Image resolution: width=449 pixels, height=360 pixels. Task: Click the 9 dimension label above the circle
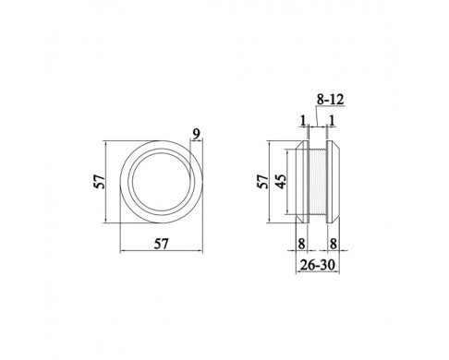(196, 134)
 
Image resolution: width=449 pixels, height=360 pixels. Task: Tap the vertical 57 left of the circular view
(100, 182)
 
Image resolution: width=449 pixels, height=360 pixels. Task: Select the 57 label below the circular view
(162, 244)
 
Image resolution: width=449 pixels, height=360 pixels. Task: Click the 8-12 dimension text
(330, 100)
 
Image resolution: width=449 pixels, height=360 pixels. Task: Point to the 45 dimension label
(281, 182)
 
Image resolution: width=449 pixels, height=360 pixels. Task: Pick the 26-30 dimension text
(317, 265)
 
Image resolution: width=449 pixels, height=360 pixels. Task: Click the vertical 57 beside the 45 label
(263, 182)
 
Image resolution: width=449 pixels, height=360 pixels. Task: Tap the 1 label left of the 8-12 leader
(303, 120)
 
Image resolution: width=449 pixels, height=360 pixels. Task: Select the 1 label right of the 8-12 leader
(332, 120)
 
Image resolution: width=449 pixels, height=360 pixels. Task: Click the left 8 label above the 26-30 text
(301, 244)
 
